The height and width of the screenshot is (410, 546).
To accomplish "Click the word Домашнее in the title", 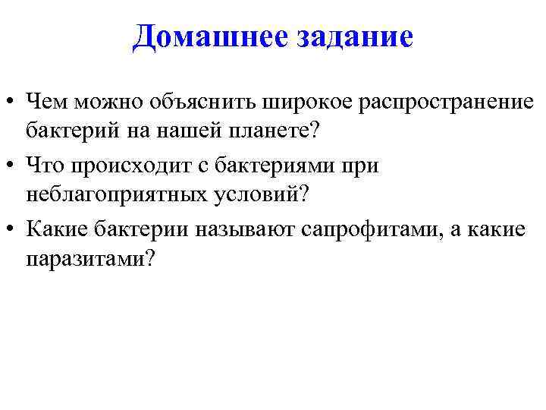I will (195, 36).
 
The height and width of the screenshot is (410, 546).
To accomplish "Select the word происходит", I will (126, 164).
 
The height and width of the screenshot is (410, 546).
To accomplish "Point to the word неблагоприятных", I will (115, 194).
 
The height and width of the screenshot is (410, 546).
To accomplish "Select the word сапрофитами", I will (379, 228).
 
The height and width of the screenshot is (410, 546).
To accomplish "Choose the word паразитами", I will (89, 259).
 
